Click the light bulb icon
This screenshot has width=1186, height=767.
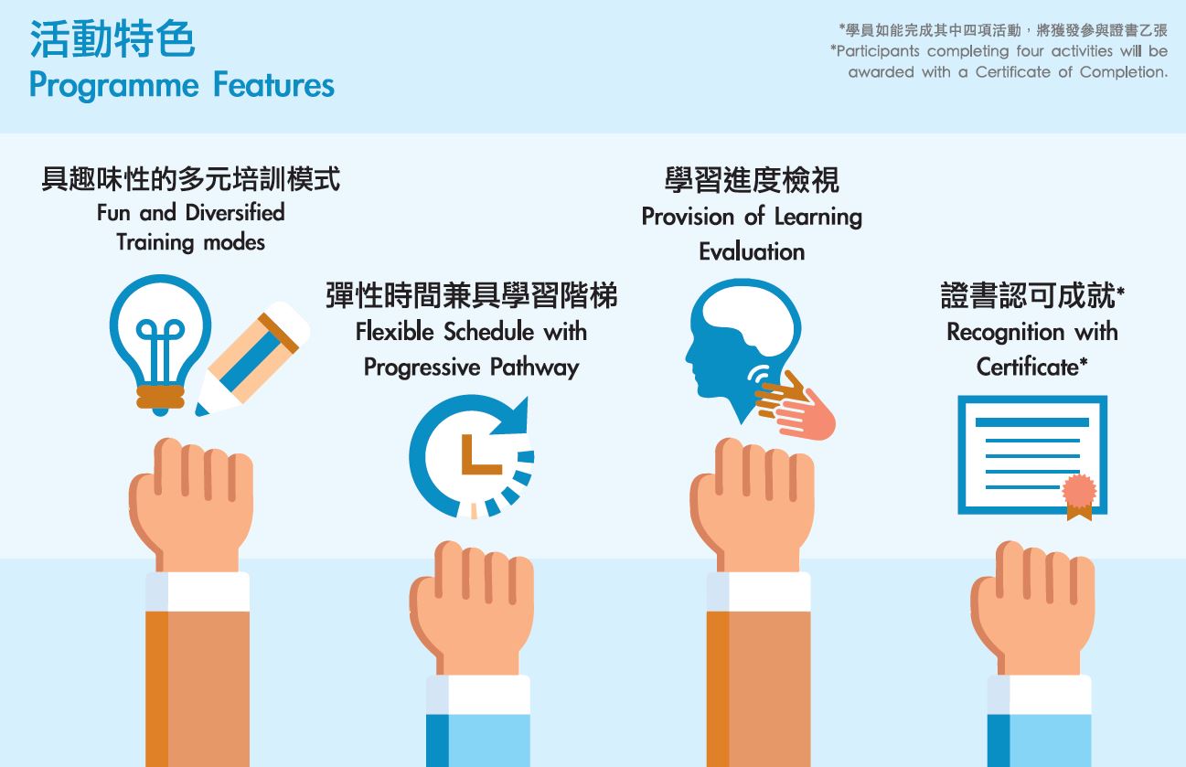pyautogui.click(x=160, y=344)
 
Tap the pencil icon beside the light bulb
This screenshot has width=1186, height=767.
pyautogui.click(x=252, y=358)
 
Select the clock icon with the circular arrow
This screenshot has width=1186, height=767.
pyautogui.click(x=471, y=456)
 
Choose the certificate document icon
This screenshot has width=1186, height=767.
pyautogui.click(x=1032, y=455)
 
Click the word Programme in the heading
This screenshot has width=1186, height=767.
pyautogui.click(x=114, y=86)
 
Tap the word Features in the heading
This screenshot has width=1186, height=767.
pyautogui.click(x=273, y=85)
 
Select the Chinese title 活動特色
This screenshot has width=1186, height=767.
pyautogui.click(x=112, y=38)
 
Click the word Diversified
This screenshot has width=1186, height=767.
pyautogui.click(x=235, y=212)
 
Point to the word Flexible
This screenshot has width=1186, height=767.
pyautogui.click(x=394, y=331)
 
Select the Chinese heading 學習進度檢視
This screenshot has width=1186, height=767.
pyautogui.click(x=752, y=180)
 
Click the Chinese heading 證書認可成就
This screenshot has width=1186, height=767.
pyautogui.click(x=1028, y=295)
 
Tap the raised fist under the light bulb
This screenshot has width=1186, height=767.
pyautogui.click(x=190, y=503)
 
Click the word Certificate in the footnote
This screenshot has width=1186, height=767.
pyautogui.click(x=1012, y=72)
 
